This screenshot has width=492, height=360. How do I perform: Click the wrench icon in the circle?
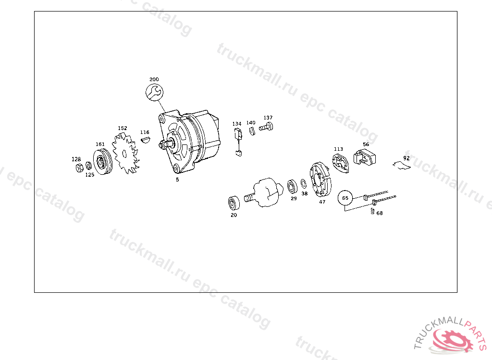coord(154,92)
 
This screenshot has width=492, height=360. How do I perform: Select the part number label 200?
coord(154,79)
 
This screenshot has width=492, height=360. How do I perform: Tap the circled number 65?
coord(345,198)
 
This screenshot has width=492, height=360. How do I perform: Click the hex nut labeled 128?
coord(79,168)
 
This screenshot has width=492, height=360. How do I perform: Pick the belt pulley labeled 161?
coord(103,162)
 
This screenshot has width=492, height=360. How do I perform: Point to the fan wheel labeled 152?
coord(125,153)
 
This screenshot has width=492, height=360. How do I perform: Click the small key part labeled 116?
coord(145,140)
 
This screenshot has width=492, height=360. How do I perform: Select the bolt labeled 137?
coord(266,127)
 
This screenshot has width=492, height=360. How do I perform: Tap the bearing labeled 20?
coord(234,203)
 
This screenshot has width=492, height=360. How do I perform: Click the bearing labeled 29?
coord(293,187)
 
